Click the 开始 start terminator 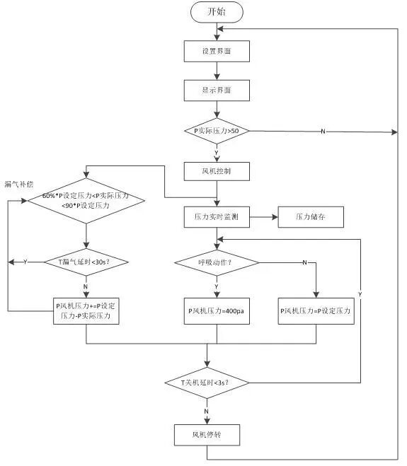click(217, 12)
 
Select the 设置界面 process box click(217, 52)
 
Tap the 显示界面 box click(217, 91)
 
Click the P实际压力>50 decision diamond click(217, 132)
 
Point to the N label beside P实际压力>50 click(323, 132)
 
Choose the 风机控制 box click(217, 172)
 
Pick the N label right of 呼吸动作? click(304, 263)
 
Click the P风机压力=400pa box click(217, 310)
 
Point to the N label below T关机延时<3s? click(206, 410)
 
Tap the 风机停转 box click(207, 433)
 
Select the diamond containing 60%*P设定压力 click(86, 200)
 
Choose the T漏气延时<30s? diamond click(86, 262)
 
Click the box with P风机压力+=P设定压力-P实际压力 click(86, 311)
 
